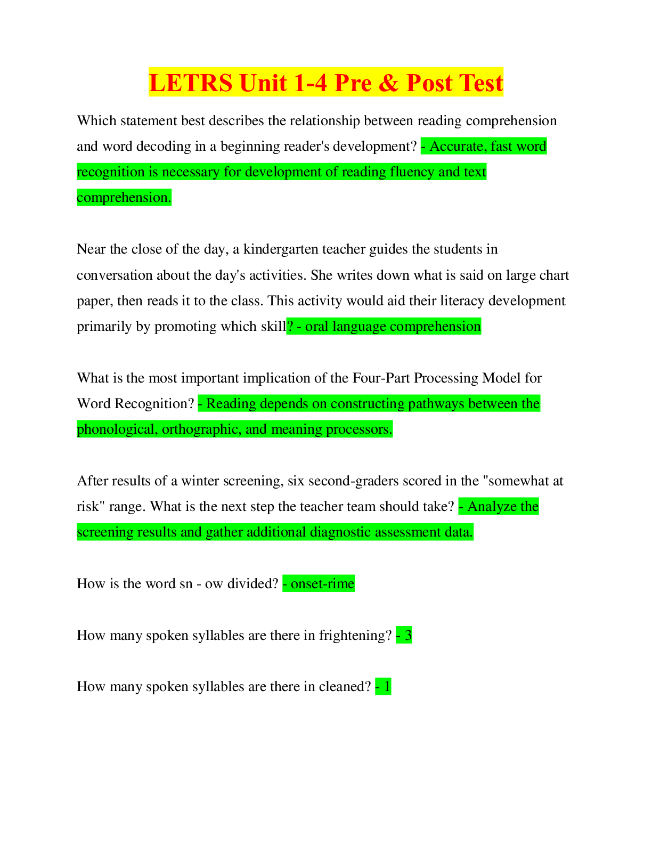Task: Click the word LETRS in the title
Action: point(191,83)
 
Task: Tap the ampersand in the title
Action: point(388,83)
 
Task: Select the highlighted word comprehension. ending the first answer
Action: point(124,198)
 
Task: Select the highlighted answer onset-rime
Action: point(322,584)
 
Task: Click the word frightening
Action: point(355,636)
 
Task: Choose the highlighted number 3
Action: point(407,636)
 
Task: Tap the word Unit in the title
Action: point(263,83)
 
